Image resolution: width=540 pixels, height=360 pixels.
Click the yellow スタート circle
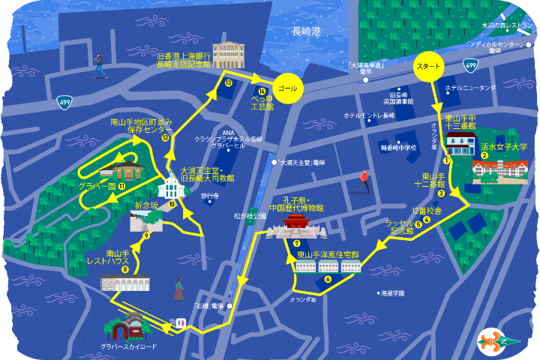pyautogui.click(x=427, y=66)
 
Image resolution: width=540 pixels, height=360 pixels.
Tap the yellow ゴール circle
pyautogui.click(x=287, y=88)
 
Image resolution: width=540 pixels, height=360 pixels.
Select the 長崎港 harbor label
pyautogui.click(x=306, y=31)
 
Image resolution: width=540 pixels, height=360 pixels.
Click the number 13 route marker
pyautogui.click(x=229, y=82)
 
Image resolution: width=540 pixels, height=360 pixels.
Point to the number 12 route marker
pyautogui.click(x=165, y=138)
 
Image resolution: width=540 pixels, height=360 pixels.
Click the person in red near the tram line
pyautogui.click(x=364, y=180)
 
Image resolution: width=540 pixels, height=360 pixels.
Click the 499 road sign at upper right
pyautogui.click(x=470, y=66)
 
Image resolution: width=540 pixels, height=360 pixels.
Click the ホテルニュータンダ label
pyautogui.click(x=470, y=88)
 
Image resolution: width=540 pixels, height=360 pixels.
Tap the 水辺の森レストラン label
pyautogui.click(x=507, y=25)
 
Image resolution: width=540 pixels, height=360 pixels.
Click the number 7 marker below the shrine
pyautogui.click(x=297, y=243)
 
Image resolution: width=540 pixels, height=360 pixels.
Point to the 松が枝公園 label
pyautogui.click(x=250, y=216)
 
